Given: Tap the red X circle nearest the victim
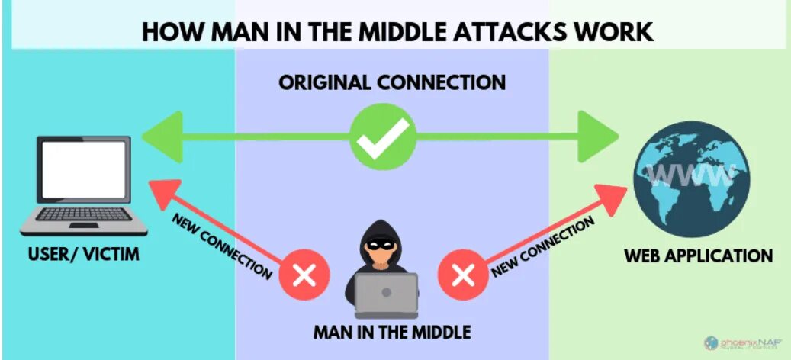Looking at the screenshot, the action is (x=304, y=274).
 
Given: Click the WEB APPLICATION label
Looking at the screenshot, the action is (x=698, y=256).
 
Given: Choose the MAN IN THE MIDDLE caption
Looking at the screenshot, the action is (x=392, y=333).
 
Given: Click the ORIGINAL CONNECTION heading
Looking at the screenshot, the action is (x=392, y=82).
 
